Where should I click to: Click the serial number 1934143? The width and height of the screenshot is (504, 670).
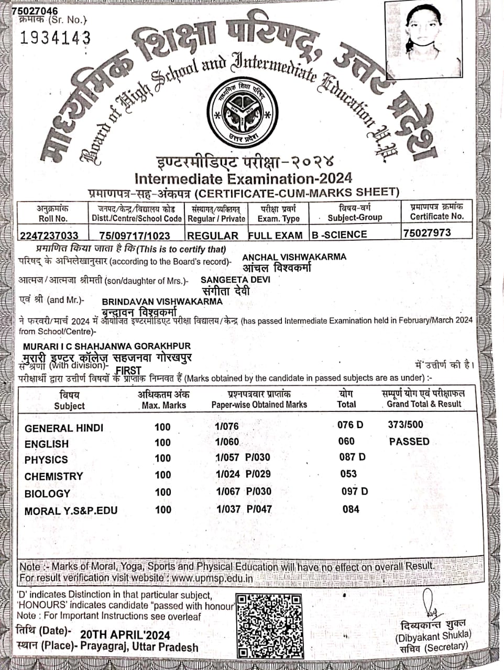(55, 38)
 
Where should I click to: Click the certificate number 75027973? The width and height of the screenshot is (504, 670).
(427, 232)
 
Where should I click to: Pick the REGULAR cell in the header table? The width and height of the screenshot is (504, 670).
(213, 236)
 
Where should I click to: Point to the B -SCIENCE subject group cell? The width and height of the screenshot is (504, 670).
(339, 234)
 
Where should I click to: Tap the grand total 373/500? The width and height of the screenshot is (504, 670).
(406, 425)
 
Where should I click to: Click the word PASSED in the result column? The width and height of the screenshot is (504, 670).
(409, 441)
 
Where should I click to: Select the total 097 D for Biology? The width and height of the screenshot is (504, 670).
(355, 491)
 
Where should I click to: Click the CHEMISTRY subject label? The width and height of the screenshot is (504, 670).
(53, 476)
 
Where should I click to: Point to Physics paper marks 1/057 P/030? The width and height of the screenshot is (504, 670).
(243, 457)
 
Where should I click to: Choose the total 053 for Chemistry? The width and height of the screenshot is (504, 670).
(348, 474)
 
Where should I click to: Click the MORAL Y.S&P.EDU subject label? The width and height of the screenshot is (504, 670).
(71, 510)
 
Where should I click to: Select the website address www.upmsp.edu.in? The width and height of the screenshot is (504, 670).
(212, 578)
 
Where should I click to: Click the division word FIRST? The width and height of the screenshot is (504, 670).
(128, 370)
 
